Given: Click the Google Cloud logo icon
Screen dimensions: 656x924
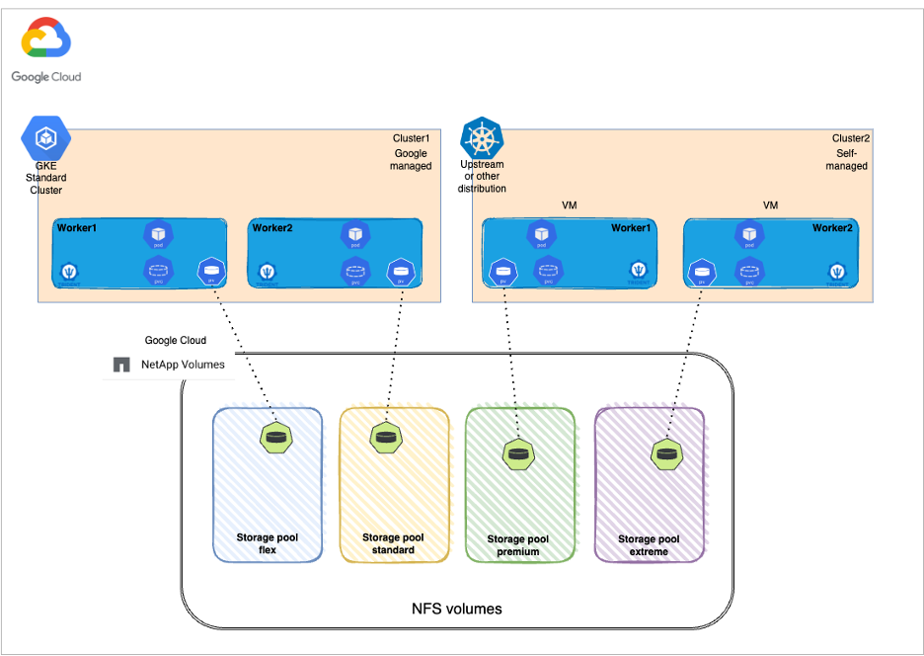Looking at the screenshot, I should click(x=45, y=41).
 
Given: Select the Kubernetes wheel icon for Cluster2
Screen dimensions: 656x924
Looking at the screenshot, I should click(x=482, y=137).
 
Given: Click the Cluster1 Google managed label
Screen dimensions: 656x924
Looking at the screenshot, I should click(x=411, y=152).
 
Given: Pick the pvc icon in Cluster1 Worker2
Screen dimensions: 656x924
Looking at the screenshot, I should click(x=355, y=270).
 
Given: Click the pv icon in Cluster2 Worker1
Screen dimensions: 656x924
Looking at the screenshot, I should click(x=503, y=270).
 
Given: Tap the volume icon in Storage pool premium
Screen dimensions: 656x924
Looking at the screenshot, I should click(x=518, y=453).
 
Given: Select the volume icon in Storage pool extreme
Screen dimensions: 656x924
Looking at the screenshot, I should click(x=667, y=453).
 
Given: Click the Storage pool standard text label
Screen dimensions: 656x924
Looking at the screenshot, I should click(x=393, y=543).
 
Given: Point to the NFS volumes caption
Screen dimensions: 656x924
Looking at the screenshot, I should click(x=456, y=609).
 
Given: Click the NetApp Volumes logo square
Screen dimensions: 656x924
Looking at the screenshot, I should click(x=121, y=365).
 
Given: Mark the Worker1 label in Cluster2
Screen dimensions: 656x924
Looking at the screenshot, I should click(x=631, y=228).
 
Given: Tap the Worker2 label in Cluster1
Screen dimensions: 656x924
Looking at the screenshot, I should click(x=272, y=228).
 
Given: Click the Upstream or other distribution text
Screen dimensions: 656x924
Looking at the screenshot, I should click(x=483, y=176).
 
